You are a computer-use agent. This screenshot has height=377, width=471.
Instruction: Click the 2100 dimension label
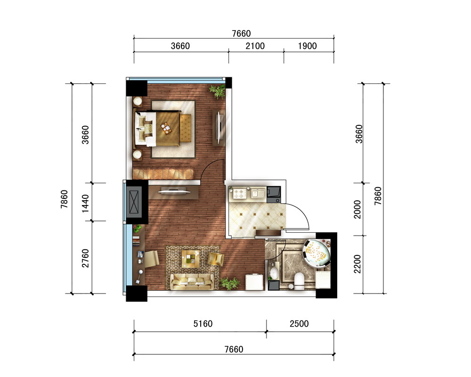[x=255, y=46]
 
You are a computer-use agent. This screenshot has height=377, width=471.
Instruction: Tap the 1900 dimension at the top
[x=307, y=46]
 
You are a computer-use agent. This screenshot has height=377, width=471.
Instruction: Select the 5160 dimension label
[x=203, y=324]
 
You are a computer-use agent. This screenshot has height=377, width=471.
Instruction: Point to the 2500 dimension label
[x=299, y=324]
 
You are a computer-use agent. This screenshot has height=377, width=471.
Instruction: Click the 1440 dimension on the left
[x=85, y=204]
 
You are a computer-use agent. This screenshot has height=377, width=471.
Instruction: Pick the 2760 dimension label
[x=85, y=258]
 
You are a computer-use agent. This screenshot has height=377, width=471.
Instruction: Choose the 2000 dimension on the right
[x=357, y=209]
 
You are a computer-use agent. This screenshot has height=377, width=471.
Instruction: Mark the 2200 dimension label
[x=357, y=264]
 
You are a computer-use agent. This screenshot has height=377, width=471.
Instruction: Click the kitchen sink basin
[x=258, y=194]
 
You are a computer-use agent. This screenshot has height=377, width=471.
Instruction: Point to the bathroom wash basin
[x=274, y=273]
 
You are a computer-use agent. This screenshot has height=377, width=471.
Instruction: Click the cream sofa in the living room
[x=192, y=281]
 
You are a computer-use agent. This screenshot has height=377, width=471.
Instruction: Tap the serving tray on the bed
[x=166, y=128]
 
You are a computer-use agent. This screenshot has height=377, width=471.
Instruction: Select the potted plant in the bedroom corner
[x=218, y=91]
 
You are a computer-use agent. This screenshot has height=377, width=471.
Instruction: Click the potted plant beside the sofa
[x=230, y=283]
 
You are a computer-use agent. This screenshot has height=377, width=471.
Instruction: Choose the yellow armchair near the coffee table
[x=216, y=259]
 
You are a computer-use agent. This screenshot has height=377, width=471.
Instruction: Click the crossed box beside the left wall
[x=134, y=202]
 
